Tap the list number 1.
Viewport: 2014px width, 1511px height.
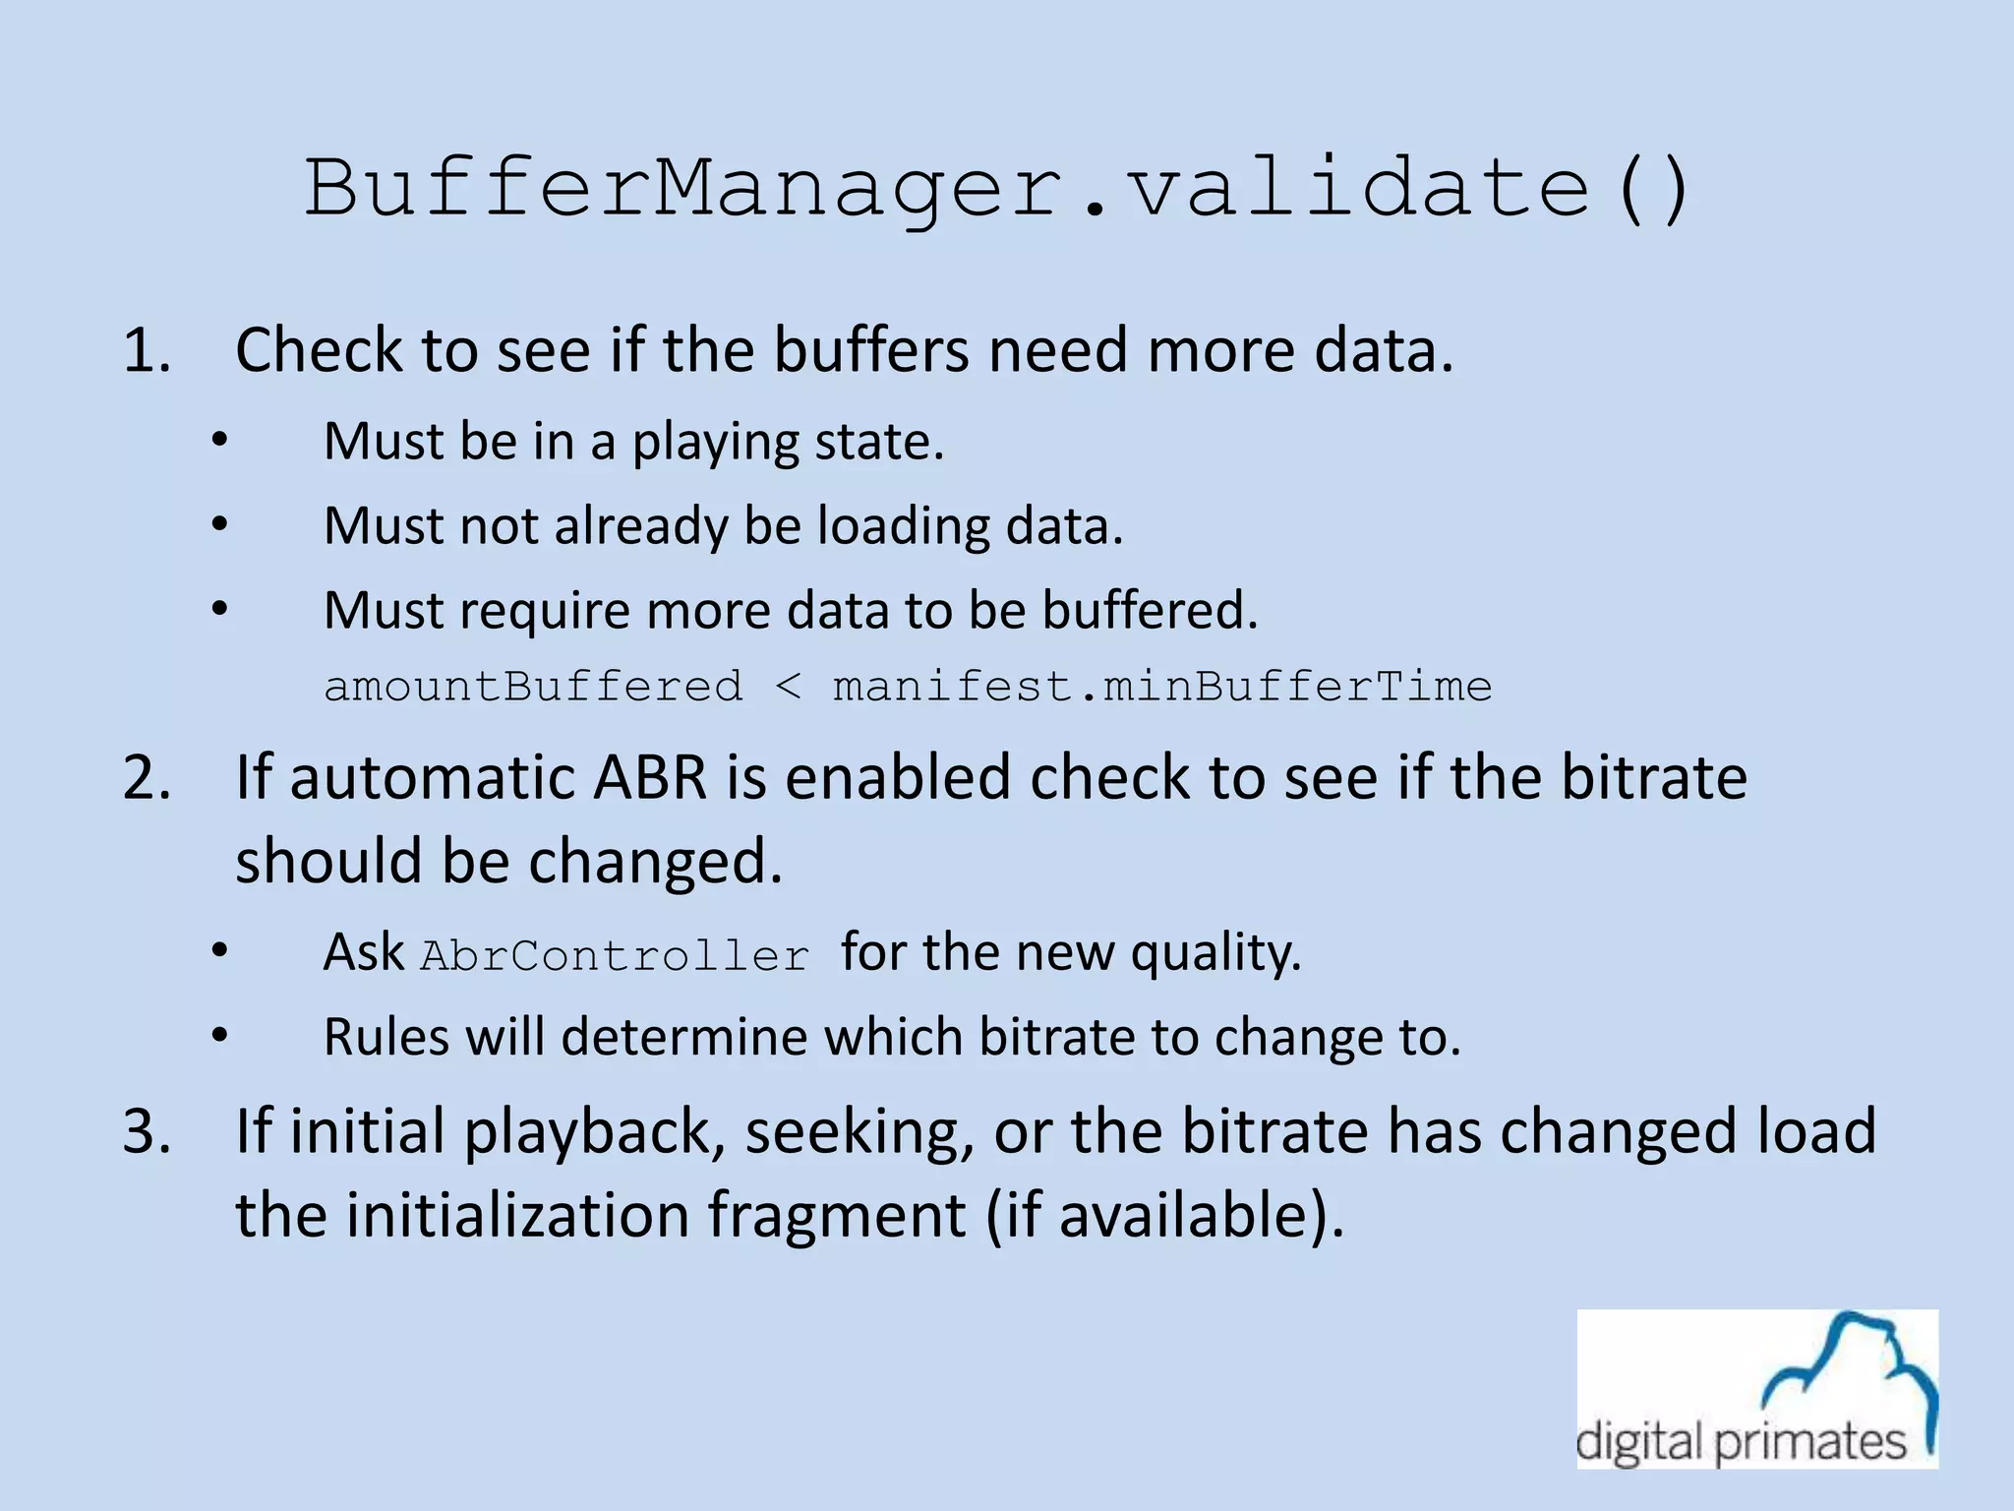click(147, 350)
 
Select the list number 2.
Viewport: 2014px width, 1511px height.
click(147, 777)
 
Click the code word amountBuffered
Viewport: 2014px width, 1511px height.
click(533, 686)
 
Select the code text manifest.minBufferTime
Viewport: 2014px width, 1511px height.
click(1162, 686)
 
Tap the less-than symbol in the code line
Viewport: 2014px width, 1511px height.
click(788, 687)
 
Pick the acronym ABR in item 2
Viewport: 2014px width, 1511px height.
click(650, 777)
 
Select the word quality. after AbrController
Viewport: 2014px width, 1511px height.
click(1215, 952)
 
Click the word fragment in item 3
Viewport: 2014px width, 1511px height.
click(836, 1216)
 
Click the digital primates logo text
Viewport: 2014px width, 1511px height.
click(1742, 1442)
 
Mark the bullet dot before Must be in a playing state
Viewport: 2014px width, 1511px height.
click(219, 441)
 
